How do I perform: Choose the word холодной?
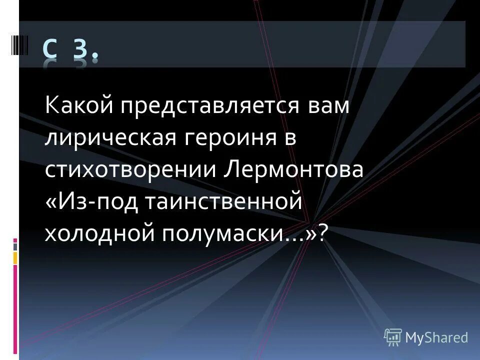click(98, 232)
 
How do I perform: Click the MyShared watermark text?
click(437, 337)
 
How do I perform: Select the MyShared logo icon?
click(393, 337)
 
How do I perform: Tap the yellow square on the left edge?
click(15, 257)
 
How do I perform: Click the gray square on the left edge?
click(15, 246)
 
